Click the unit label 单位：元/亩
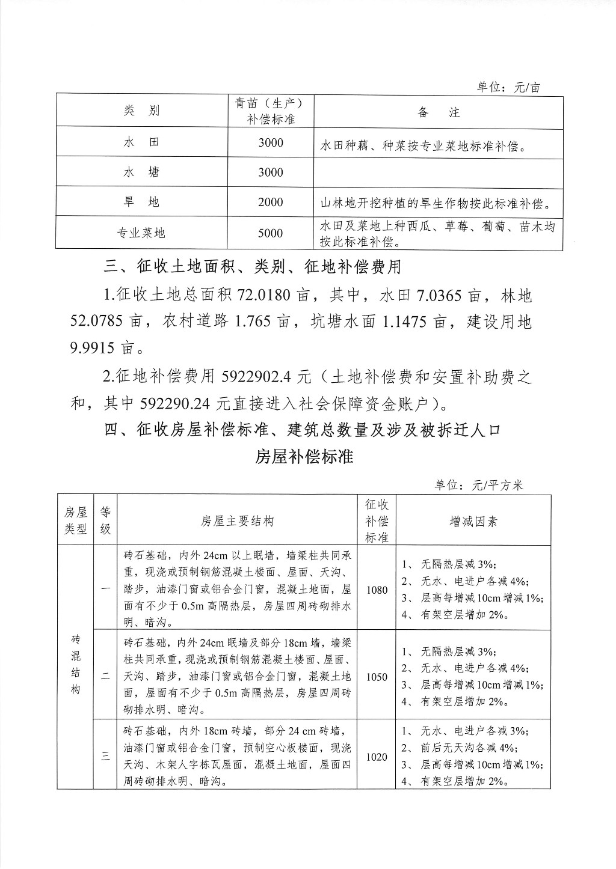pos(509,87)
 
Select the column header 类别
pos(142,111)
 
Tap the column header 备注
pos(439,112)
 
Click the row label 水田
pos(142,142)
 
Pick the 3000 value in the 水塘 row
pos(271,172)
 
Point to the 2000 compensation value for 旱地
pos(271,203)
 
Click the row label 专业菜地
pos(142,233)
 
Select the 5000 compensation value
pos(271,233)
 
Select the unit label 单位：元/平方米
pos(479,485)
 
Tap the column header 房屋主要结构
pos(237,521)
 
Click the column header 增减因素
pos(473,521)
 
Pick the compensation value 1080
pos(377,590)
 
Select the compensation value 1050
pos(377,677)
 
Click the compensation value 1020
pos(377,757)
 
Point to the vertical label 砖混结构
pos(76,664)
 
